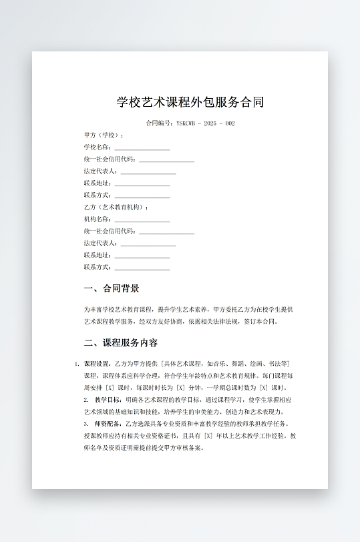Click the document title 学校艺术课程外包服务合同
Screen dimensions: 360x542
point(190,102)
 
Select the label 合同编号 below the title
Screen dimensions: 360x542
point(158,123)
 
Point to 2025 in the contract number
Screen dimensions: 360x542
point(210,123)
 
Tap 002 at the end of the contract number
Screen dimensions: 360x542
point(230,123)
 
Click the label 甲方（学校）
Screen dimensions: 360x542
point(98,135)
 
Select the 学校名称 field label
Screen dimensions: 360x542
point(97,147)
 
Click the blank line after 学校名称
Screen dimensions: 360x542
point(142,148)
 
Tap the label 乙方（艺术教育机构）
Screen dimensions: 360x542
point(116,207)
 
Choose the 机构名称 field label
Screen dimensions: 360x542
point(97,219)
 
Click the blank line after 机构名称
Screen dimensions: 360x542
point(142,220)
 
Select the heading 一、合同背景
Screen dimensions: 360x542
point(112,289)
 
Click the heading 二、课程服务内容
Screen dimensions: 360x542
point(121,343)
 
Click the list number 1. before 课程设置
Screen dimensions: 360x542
point(77,364)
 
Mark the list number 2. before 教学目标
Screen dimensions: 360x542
point(86,400)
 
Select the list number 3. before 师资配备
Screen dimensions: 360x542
point(86,424)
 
